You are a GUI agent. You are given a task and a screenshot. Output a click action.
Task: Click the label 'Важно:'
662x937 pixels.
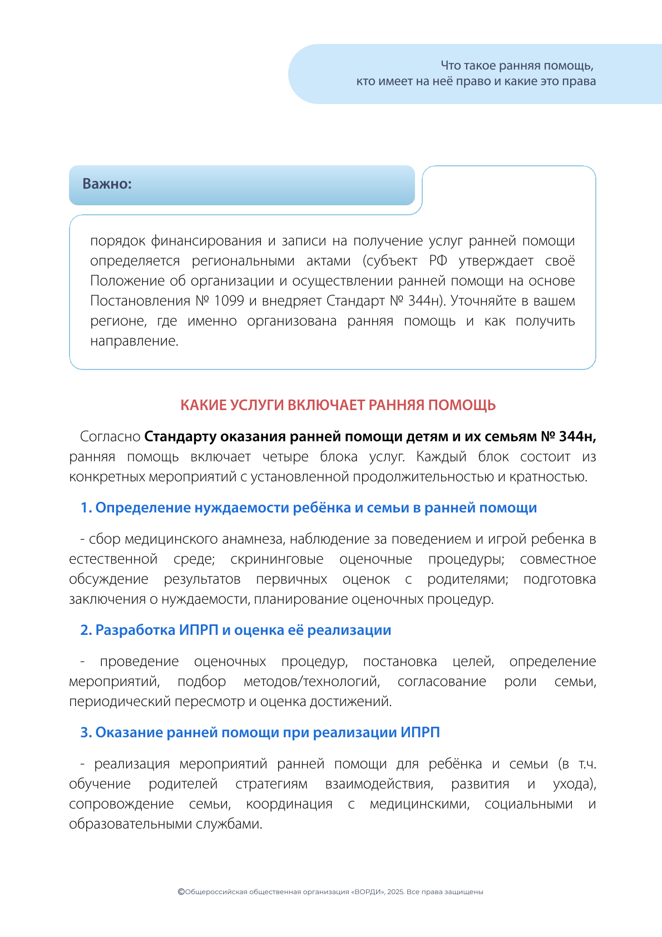tap(107, 184)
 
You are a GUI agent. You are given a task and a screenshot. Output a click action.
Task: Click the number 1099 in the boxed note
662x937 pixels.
tap(229, 301)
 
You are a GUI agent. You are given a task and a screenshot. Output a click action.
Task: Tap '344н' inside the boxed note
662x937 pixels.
tap(424, 301)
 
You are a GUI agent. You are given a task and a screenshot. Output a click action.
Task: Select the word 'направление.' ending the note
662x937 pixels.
tap(134, 341)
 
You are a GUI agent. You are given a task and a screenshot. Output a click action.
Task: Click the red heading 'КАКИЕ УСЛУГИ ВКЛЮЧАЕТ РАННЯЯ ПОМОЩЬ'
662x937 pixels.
tap(338, 405)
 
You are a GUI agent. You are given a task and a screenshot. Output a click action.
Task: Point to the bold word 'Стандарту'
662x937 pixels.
tap(180, 437)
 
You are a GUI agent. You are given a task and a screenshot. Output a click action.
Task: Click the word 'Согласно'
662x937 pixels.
tap(110, 437)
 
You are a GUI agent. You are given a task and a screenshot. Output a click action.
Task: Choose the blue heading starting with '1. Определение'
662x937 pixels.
tap(309, 508)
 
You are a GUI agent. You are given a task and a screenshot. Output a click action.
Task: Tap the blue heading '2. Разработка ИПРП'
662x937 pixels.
tap(235, 630)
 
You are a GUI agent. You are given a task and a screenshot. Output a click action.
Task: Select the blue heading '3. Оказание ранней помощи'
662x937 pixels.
tap(260, 733)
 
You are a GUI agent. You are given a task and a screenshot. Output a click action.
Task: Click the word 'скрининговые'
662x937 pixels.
tap(276, 559)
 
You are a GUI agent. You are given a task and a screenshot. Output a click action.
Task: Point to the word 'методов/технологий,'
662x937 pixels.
tap(312, 682)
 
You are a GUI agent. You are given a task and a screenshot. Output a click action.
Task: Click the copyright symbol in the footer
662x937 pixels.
tap(181, 891)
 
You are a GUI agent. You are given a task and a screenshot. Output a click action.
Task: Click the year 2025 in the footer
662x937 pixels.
tap(396, 892)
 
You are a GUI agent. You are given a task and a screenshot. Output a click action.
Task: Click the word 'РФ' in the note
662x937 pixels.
tap(438, 261)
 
